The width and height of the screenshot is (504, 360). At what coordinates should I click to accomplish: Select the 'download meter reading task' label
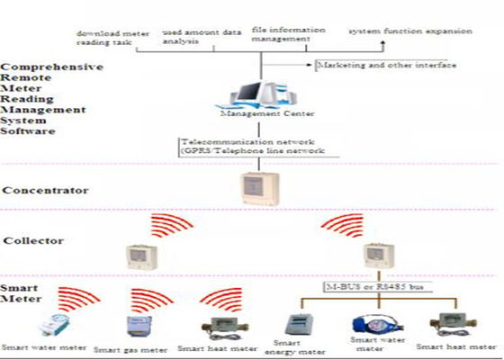coord(112,37)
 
